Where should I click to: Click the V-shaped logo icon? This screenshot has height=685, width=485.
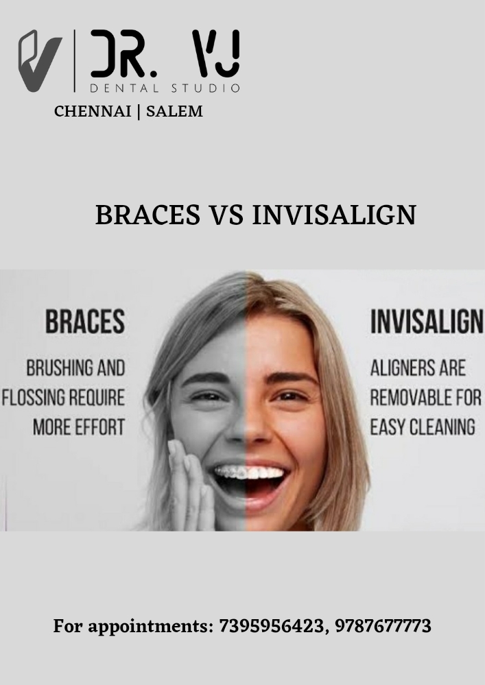(39, 61)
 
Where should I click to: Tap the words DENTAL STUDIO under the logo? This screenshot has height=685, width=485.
(165, 88)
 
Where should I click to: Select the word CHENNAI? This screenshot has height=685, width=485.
(93, 111)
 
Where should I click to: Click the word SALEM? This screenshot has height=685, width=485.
(174, 111)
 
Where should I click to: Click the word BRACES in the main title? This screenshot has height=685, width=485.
(147, 215)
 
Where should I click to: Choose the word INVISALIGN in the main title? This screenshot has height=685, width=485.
(334, 215)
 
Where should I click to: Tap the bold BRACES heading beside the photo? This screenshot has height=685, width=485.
(85, 322)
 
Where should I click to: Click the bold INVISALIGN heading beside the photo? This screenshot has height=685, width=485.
(427, 322)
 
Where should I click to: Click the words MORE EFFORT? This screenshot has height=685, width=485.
(79, 426)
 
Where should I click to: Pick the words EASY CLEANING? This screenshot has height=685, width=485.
(423, 426)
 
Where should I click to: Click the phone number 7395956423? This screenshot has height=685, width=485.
(272, 625)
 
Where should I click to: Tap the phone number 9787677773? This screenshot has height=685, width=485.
(383, 625)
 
